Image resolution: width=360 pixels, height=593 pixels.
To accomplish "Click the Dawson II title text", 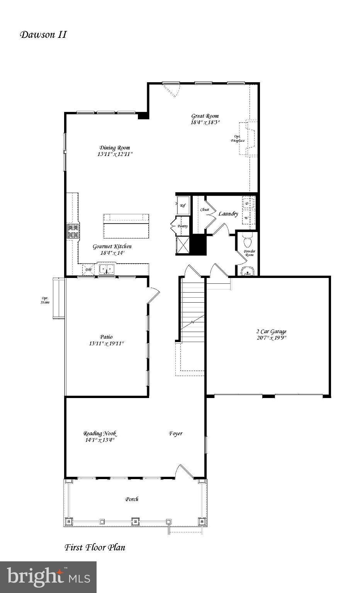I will tap(43, 35).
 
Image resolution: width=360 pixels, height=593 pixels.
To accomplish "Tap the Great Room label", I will tap(205, 116).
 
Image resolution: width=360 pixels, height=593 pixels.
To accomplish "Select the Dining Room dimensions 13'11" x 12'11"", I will tap(115, 154).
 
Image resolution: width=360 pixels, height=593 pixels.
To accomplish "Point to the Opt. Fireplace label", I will tap(238, 139).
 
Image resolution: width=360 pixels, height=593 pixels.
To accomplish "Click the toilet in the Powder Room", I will tap(247, 241).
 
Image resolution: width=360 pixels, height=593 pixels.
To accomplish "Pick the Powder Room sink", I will tap(247, 272).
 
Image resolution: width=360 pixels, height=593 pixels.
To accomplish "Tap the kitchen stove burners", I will tap(73, 231).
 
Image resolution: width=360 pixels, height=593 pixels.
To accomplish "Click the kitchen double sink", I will tap(106, 269).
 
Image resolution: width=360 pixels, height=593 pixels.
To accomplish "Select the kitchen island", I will tap(126, 226).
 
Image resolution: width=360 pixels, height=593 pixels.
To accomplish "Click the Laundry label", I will tap(228, 213).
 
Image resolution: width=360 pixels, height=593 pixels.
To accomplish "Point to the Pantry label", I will tap(182, 226).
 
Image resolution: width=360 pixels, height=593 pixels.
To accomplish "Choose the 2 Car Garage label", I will tap(272, 331).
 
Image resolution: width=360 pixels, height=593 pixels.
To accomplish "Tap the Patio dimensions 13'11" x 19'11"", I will tap(106, 343).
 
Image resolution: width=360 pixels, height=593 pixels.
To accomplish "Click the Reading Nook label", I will tap(100, 434).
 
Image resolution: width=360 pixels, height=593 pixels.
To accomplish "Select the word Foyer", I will tap(176, 434).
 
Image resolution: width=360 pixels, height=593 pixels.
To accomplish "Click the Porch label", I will tap(132, 499).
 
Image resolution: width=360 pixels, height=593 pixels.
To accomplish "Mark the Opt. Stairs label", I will tap(45, 300).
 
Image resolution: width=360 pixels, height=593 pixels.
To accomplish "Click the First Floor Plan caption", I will tap(95, 547).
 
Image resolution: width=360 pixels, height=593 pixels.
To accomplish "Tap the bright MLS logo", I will tap(48, 577).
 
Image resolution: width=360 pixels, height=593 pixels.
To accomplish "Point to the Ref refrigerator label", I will tap(183, 206).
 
